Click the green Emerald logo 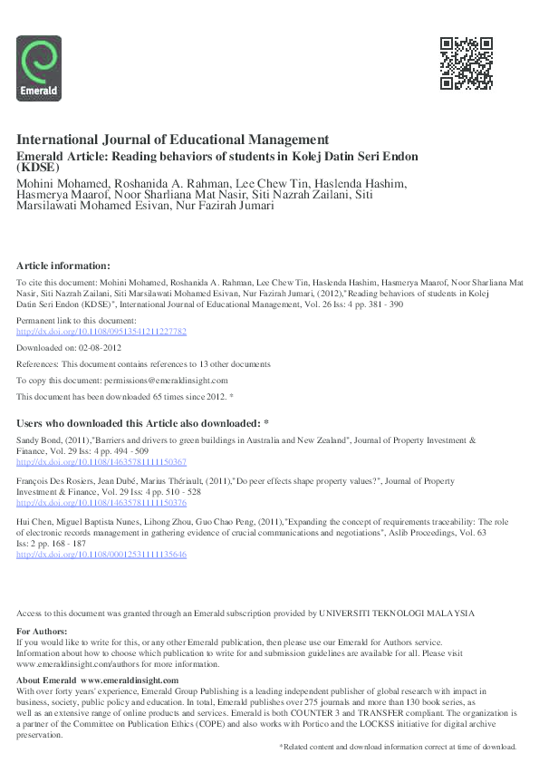[39, 68]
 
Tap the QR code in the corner [467, 63]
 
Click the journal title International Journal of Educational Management [172, 140]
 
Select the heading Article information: [63, 266]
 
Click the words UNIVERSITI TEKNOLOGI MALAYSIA [397, 613]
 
